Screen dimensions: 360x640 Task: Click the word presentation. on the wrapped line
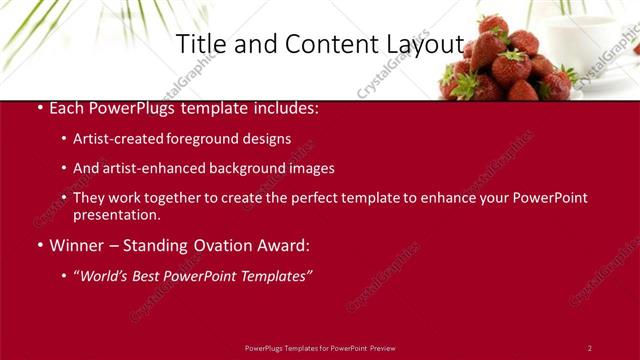pos(116,214)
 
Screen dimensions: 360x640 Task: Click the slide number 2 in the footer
pos(589,348)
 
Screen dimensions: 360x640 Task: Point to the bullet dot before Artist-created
pos(64,139)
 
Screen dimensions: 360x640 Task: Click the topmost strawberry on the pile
pos(493,22)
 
